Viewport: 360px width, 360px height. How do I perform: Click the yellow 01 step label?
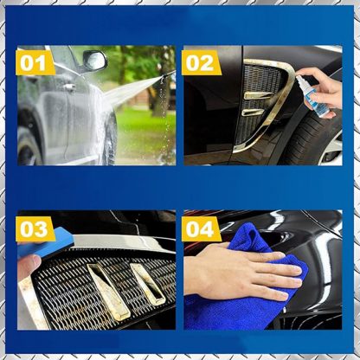coord(35,62)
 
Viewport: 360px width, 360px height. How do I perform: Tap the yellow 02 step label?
coord(202,62)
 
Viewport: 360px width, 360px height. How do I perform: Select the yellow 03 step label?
coord(35,228)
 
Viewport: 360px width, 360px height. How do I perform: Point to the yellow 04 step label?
coord(202,228)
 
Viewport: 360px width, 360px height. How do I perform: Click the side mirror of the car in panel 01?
coord(95,61)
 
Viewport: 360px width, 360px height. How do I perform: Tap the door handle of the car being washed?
coord(69,87)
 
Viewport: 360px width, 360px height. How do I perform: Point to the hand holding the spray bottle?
coord(322,88)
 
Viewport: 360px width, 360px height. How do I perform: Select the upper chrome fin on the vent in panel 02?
coord(258,95)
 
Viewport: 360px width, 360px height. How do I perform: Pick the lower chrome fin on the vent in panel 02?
coord(253,112)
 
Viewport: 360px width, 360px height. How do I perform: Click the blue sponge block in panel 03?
coord(46,243)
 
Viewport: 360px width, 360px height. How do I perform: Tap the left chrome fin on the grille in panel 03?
coord(109,292)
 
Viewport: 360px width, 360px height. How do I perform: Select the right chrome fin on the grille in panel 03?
coord(148,285)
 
